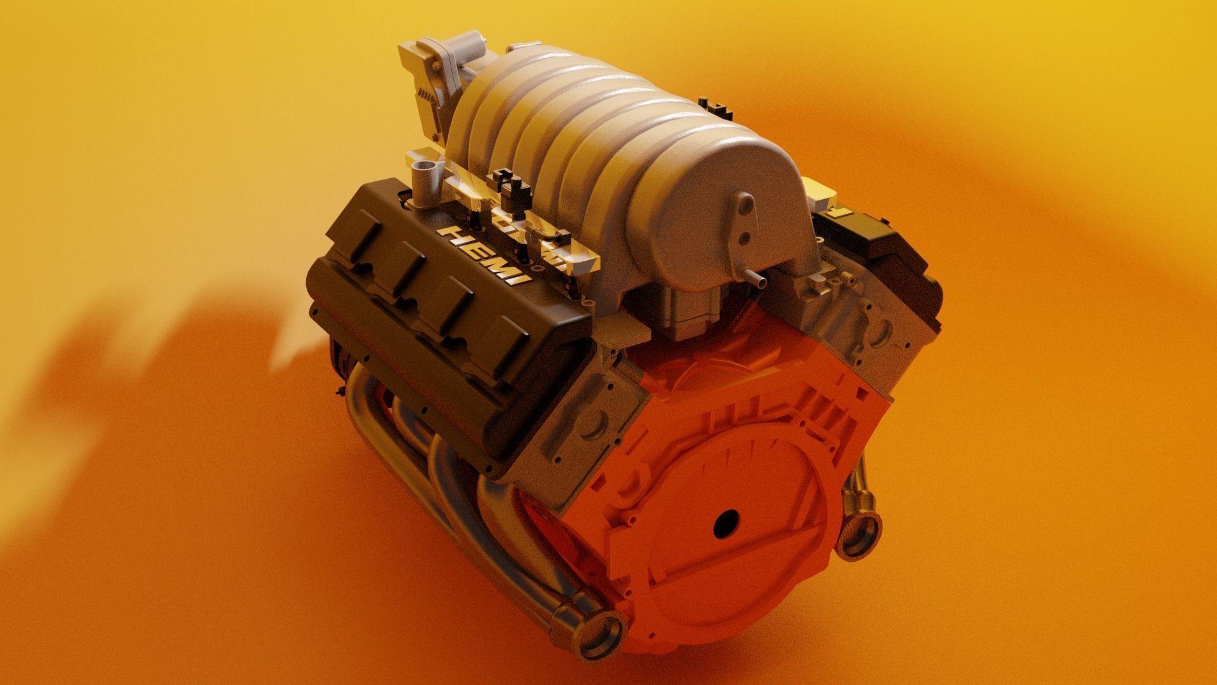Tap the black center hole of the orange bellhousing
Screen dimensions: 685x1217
(x=726, y=523)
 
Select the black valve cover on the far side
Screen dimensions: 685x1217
(x=881, y=254)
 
